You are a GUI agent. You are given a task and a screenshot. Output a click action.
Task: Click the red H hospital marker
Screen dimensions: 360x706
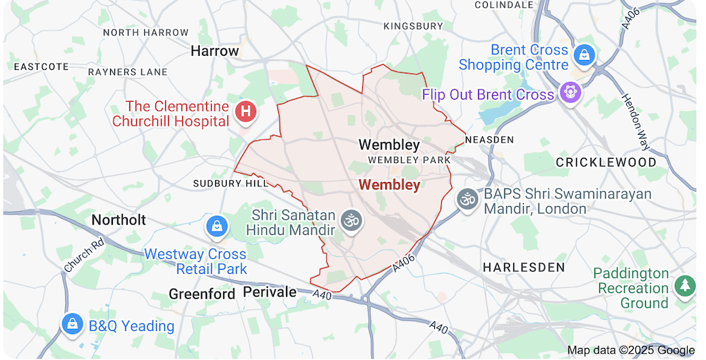[x=246, y=111]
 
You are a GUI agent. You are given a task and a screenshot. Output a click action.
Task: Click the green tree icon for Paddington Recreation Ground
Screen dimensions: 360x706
[x=684, y=285]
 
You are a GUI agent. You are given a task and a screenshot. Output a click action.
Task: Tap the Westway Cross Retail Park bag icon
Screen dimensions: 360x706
[x=215, y=226]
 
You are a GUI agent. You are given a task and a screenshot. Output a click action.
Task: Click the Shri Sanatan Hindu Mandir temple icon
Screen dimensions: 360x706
[x=351, y=220]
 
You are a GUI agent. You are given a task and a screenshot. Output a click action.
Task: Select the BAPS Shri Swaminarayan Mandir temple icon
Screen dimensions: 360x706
[x=467, y=199]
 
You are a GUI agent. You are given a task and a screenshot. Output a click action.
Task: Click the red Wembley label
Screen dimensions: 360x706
[x=389, y=185]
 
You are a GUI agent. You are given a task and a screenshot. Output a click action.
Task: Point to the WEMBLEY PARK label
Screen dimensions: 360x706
[x=409, y=160]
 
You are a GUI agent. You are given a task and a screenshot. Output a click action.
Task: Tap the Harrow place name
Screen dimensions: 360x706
[x=215, y=51]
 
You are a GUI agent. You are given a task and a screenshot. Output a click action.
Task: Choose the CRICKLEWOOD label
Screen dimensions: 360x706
[x=606, y=162]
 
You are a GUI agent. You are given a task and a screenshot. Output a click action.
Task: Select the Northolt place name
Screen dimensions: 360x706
[x=119, y=220]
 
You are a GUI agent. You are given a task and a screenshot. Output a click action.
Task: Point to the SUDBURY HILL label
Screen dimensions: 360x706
[x=230, y=184]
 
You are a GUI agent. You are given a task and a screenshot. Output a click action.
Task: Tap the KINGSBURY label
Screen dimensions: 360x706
[x=413, y=26]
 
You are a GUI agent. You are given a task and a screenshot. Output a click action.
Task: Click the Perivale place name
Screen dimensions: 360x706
[x=270, y=292]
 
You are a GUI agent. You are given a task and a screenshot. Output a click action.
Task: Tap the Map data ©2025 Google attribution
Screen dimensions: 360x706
[x=630, y=350]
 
